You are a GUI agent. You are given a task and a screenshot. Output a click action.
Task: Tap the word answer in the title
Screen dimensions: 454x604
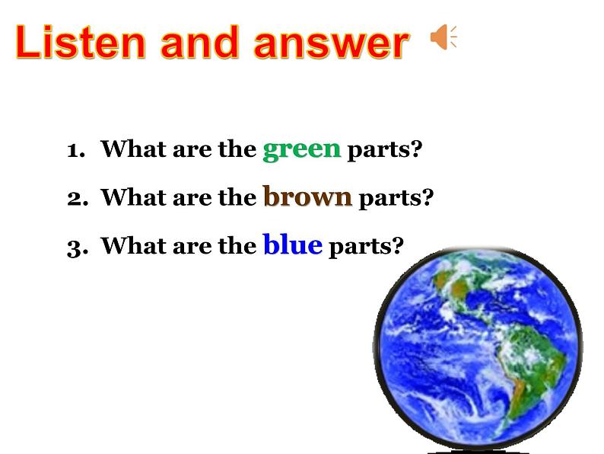click(332, 44)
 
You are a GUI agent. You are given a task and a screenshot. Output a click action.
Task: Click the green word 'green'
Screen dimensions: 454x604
click(301, 149)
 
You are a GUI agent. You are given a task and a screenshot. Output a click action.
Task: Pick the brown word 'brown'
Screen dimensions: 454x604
click(307, 197)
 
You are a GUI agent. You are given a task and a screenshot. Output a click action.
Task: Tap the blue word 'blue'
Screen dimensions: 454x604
click(292, 245)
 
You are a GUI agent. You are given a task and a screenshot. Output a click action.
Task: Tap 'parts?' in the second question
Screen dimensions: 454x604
click(396, 198)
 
